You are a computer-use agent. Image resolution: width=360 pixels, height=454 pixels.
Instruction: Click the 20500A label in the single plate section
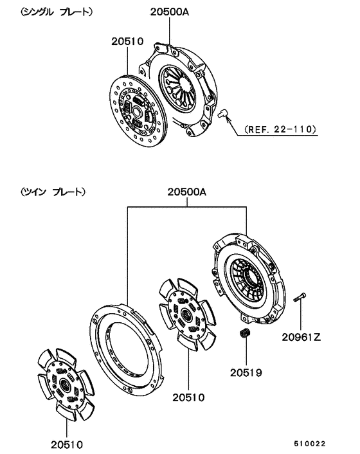pyautogui.click(x=168, y=12)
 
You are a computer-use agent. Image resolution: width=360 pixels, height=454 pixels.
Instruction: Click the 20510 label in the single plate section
pyautogui.click(x=129, y=42)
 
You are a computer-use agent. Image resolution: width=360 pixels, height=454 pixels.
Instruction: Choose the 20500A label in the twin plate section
pyautogui.click(x=187, y=192)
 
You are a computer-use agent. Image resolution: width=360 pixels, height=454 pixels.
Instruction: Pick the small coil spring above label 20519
pyautogui.click(x=244, y=335)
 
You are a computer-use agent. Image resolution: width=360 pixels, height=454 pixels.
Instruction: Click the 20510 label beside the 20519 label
pyautogui.click(x=188, y=397)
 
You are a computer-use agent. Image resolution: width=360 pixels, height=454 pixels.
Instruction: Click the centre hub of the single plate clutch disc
pyautogui.click(x=136, y=111)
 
